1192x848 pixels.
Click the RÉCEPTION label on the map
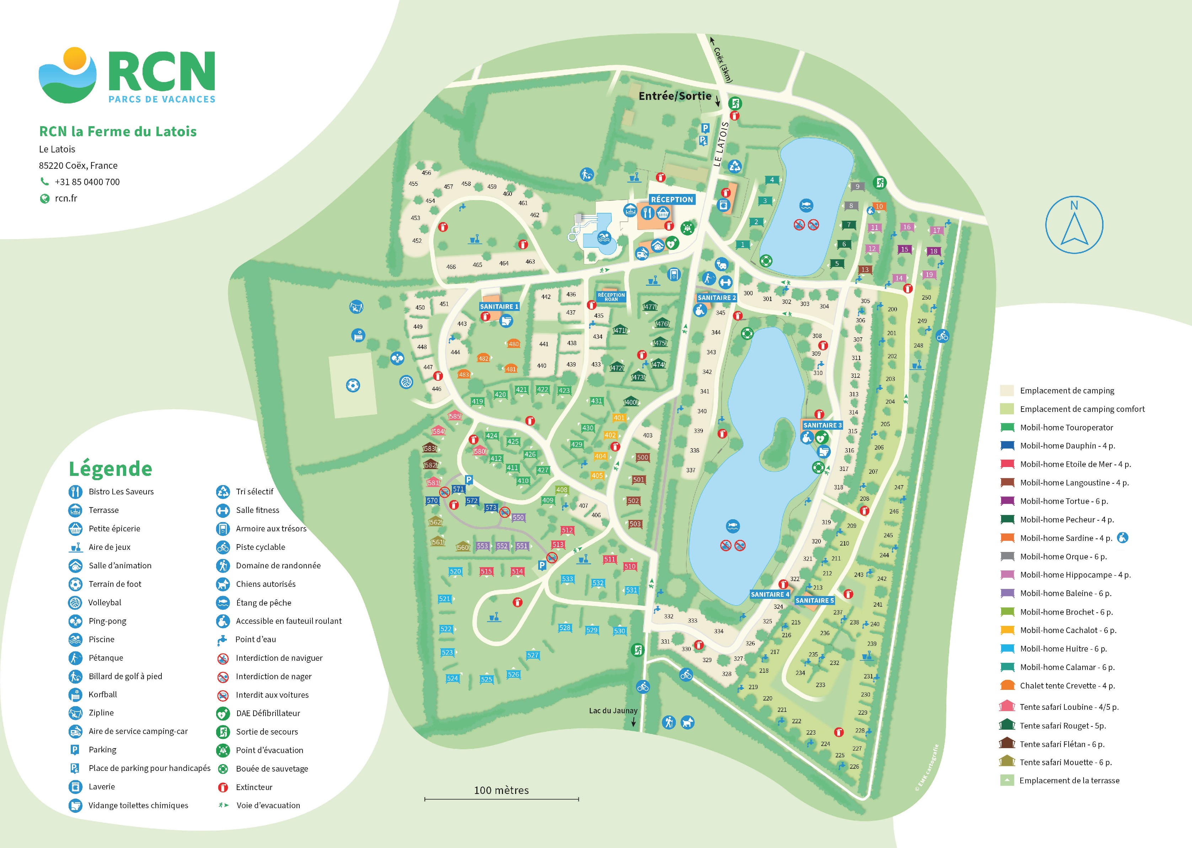[672, 199]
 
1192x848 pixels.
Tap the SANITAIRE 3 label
[822, 425]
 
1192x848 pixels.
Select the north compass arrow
[1074, 226]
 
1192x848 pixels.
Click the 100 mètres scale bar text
[501, 790]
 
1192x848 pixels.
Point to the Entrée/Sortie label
[675, 96]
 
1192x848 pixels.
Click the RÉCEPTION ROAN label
[611, 297]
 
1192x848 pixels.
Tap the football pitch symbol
[353, 385]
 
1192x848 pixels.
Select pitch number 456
[426, 173]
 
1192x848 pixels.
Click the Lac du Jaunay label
[613, 711]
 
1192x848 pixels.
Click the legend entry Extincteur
[254, 787]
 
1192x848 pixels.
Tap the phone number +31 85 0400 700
[87, 182]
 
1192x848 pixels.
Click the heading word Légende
[110, 468]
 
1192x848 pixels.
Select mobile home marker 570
[432, 500]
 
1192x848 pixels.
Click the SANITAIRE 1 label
[499, 306]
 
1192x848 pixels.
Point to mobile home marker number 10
[879, 206]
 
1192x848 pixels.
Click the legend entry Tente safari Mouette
[1065, 762]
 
